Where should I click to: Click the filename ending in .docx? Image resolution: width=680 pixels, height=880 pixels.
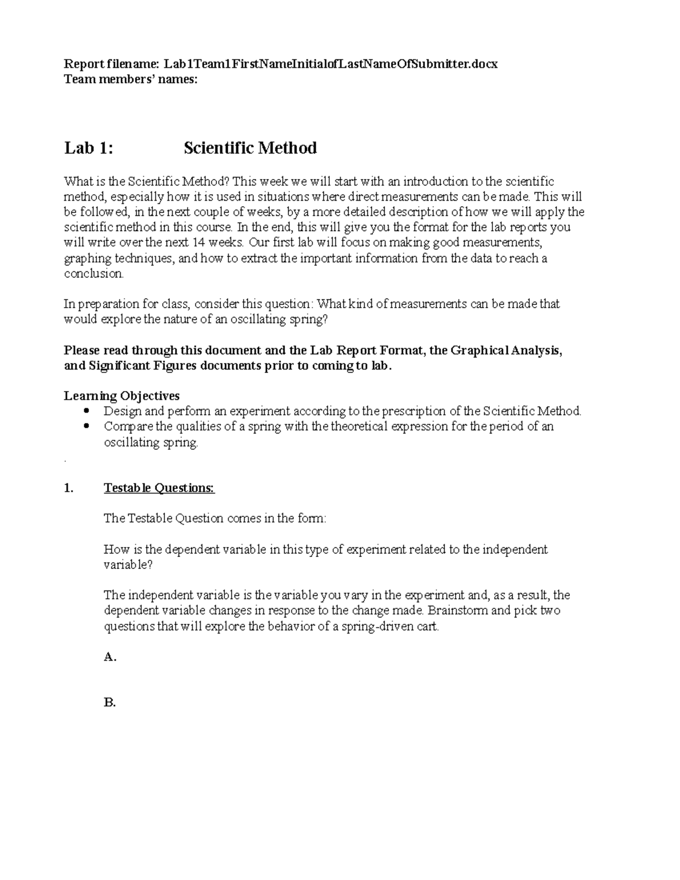331,64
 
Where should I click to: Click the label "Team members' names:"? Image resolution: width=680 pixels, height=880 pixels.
131,79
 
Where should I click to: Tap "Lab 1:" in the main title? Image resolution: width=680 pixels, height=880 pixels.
88,148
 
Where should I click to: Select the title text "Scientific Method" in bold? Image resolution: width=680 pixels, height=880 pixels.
250,148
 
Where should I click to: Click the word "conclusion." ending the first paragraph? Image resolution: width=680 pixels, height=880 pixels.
93,274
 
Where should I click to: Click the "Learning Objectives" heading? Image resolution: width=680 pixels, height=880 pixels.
122,396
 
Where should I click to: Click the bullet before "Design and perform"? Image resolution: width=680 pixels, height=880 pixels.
87,411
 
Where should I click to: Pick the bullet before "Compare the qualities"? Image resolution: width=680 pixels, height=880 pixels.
87,426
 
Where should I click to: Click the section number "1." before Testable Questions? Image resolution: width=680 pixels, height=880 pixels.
69,488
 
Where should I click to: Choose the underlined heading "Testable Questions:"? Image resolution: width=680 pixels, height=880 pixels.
159,488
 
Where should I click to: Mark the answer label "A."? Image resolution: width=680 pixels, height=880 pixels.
110,657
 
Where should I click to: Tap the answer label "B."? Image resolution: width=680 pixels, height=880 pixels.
110,703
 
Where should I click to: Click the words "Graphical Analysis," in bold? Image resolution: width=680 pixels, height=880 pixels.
507,350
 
